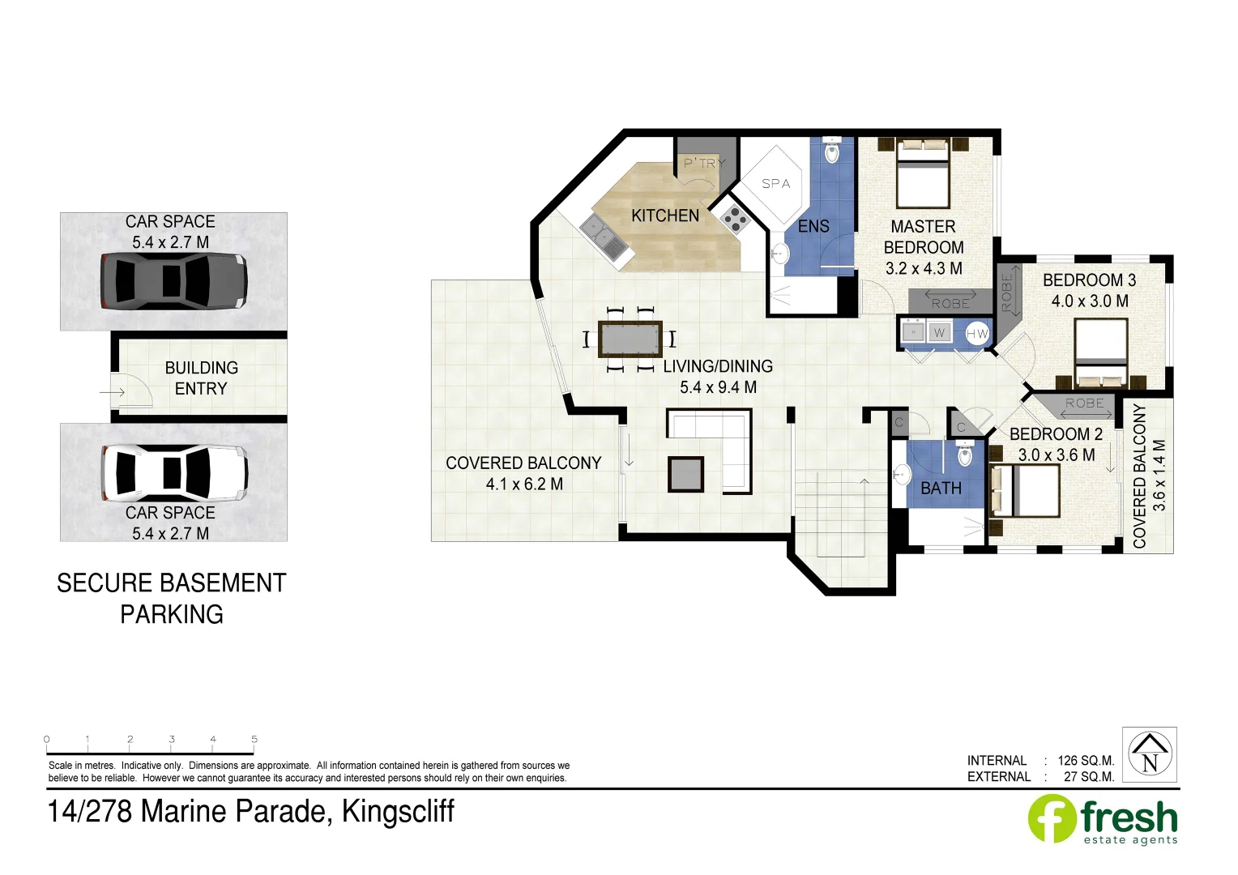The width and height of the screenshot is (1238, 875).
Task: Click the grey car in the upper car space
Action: [173, 280]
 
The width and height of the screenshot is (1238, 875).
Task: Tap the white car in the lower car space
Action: [173, 472]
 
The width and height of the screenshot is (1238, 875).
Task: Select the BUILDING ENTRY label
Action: [201, 378]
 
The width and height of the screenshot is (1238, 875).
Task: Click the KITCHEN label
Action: [664, 216]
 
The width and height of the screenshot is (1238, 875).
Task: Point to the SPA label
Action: [775, 184]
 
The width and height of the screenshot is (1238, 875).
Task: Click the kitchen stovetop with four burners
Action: [736, 218]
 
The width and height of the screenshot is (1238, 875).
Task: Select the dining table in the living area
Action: [630, 339]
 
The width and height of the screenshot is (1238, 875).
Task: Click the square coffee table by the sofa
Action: [685, 474]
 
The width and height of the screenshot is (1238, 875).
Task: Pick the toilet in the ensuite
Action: [832, 151]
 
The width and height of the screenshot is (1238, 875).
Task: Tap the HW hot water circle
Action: [977, 333]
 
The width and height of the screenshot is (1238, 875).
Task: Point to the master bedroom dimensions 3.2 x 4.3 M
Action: [923, 269]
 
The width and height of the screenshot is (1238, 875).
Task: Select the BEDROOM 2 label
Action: [1055, 434]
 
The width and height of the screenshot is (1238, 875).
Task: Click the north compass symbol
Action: [1149, 754]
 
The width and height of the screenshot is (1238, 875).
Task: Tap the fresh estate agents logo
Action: [1103, 820]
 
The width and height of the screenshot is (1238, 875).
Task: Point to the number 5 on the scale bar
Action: [254, 739]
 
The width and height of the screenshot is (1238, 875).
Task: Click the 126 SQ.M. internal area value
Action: [1085, 761]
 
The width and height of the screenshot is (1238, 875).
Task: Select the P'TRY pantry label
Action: [703, 163]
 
